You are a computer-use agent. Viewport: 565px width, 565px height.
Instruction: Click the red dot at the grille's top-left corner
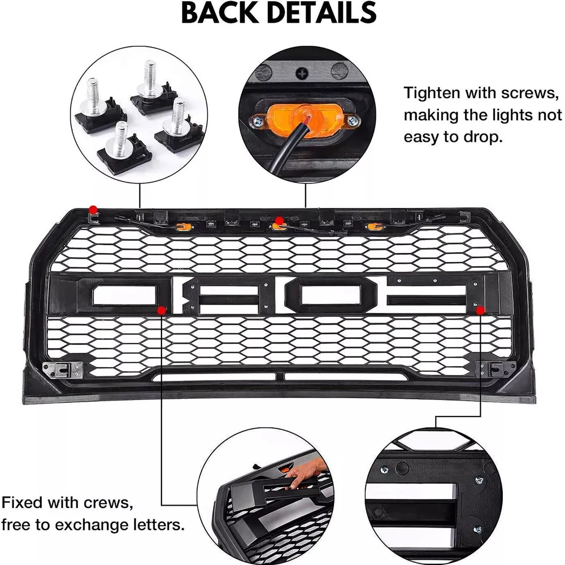(x=93, y=210)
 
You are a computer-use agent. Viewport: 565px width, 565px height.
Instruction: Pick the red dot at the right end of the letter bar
(x=480, y=310)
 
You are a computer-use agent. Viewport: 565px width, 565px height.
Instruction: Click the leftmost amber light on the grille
(x=182, y=228)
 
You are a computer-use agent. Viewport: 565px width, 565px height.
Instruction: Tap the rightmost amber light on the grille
(x=372, y=227)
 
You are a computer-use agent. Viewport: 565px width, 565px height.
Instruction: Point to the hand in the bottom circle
(x=308, y=473)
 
